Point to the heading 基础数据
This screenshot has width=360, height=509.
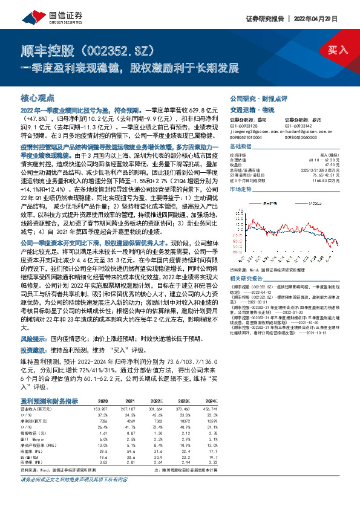(x=241, y=147)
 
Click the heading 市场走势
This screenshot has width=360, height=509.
(x=241, y=189)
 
